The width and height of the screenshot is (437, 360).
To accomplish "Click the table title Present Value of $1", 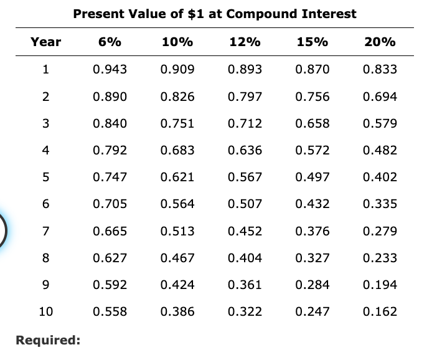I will (x=215, y=13).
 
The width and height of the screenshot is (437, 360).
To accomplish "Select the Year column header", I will (x=46, y=42).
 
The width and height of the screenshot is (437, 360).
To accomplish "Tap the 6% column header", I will (x=110, y=42).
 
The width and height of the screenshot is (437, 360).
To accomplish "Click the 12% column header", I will (x=245, y=42).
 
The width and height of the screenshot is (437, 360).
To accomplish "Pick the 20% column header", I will (x=380, y=42).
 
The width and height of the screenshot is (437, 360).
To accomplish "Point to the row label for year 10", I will (x=46, y=311).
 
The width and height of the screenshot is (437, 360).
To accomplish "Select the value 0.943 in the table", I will (x=110, y=69).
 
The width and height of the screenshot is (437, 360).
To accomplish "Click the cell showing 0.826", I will (x=177, y=97).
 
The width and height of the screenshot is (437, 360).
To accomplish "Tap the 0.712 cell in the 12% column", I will (x=245, y=123).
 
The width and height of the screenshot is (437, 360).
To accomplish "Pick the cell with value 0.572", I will (x=312, y=150).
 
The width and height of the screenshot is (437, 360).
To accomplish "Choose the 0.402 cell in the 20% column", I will (x=380, y=177).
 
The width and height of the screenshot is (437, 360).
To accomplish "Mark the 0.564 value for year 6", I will (x=177, y=204).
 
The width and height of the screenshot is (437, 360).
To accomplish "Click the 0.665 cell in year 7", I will (x=110, y=231).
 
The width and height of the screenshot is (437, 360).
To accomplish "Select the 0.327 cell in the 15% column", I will (x=312, y=258).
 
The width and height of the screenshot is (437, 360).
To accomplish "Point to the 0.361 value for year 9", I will (x=245, y=285).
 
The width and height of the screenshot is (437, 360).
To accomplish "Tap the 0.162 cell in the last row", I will (x=380, y=311).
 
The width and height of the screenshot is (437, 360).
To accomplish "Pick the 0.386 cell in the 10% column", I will (x=177, y=311).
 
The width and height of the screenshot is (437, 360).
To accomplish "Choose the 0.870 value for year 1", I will (x=312, y=69).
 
